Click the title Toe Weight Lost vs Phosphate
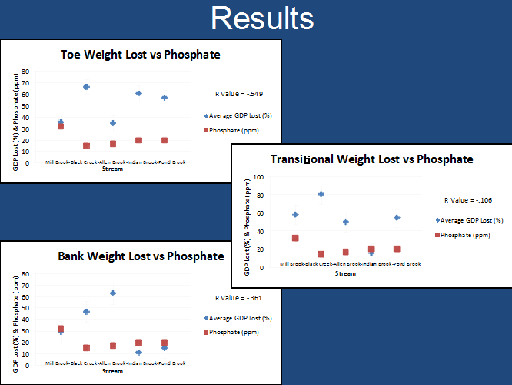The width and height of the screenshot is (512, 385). (140, 55)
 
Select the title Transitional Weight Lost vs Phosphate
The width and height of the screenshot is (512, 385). (371, 159)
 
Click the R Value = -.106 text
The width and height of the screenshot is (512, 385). (470, 199)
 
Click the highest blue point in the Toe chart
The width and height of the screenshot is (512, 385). (86, 87)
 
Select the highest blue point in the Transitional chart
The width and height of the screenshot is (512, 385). (321, 194)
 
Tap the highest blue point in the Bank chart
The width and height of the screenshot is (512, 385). (113, 293)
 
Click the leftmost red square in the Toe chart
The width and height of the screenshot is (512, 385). (61, 126)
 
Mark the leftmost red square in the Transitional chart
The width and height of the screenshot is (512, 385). (295, 239)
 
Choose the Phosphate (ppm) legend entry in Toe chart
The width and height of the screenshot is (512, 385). (236, 130)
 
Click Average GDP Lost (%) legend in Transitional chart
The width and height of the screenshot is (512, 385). (470, 219)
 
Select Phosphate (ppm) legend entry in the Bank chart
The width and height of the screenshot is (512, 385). (236, 332)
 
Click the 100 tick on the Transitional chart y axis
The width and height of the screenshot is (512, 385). (258, 177)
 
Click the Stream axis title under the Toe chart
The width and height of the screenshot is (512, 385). (112, 169)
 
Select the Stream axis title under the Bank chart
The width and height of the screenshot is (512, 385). (112, 371)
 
